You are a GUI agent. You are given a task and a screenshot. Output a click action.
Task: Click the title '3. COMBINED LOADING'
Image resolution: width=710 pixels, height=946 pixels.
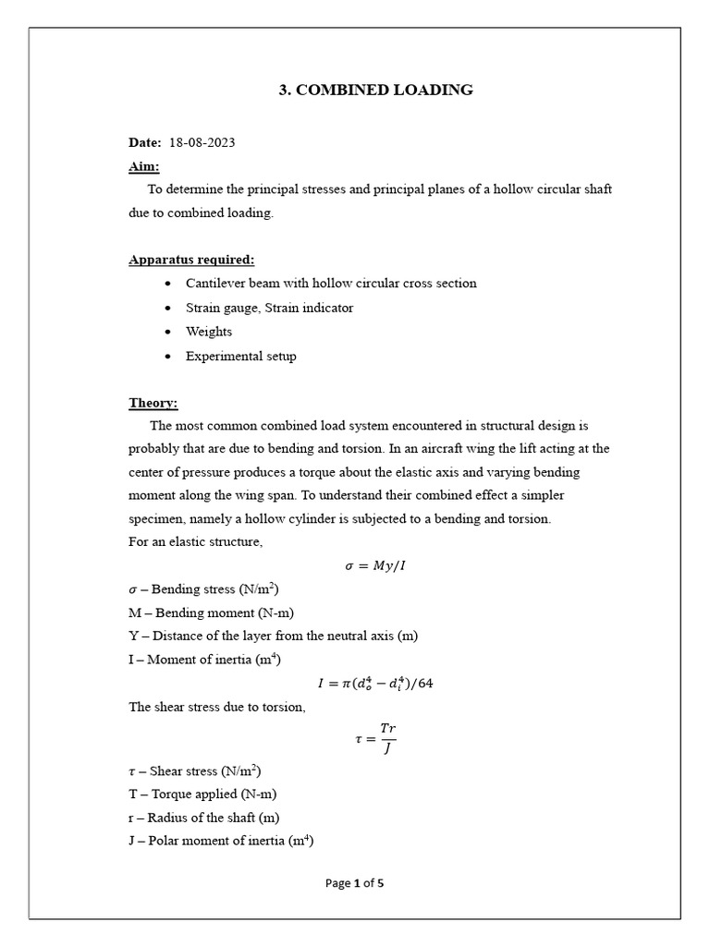pyautogui.click(x=375, y=90)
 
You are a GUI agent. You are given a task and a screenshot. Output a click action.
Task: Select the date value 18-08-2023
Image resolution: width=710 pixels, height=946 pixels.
pyautogui.click(x=202, y=142)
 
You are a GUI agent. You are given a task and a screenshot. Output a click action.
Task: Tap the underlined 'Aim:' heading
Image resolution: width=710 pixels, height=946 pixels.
pyautogui.click(x=143, y=166)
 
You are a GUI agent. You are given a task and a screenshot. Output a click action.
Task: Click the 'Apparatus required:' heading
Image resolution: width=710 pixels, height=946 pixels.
pyautogui.click(x=191, y=260)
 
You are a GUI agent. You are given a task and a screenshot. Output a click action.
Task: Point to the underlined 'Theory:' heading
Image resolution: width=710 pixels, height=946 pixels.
pyautogui.click(x=153, y=403)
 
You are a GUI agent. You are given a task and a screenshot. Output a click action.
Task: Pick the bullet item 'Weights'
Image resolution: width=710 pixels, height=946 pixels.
pyautogui.click(x=209, y=332)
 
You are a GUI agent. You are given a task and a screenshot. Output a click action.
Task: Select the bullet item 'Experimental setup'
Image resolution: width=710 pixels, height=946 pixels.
pyautogui.click(x=240, y=356)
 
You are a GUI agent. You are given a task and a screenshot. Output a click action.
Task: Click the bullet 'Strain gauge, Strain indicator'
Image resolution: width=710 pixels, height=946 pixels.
pyautogui.click(x=269, y=308)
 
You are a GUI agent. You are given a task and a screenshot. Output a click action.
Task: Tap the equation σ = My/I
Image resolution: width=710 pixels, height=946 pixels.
pyautogui.click(x=374, y=565)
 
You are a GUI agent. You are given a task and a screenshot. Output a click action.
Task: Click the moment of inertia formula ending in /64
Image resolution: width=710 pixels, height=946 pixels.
pyautogui.click(x=375, y=684)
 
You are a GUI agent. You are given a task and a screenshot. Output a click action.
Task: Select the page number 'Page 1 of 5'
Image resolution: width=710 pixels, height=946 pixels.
pyautogui.click(x=355, y=883)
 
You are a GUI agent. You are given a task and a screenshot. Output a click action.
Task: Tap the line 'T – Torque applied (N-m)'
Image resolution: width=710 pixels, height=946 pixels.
pyautogui.click(x=202, y=794)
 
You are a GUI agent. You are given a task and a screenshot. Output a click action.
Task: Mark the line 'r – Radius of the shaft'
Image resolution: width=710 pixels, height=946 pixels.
pyautogui.click(x=203, y=818)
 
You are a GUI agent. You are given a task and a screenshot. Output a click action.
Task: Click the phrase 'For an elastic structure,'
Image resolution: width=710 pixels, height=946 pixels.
pyautogui.click(x=195, y=542)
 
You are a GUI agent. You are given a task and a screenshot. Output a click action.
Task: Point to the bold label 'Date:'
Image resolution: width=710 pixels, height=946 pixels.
pyautogui.click(x=144, y=142)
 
